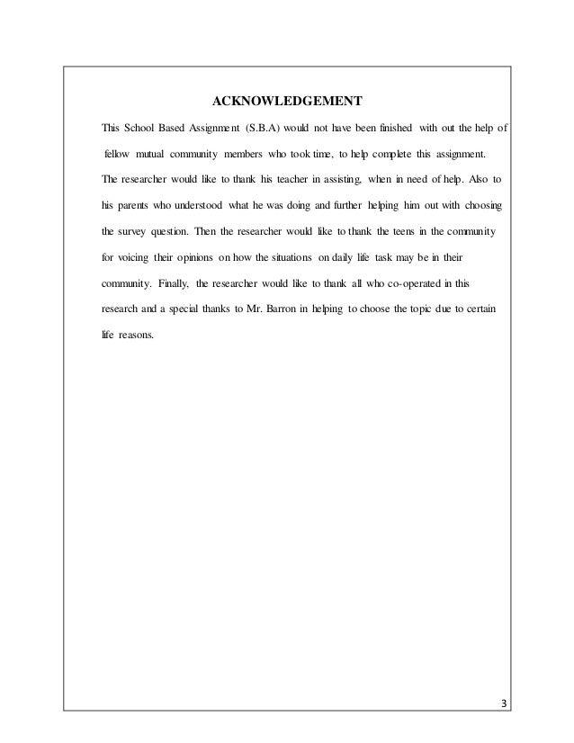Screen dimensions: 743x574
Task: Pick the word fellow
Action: click(120, 154)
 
